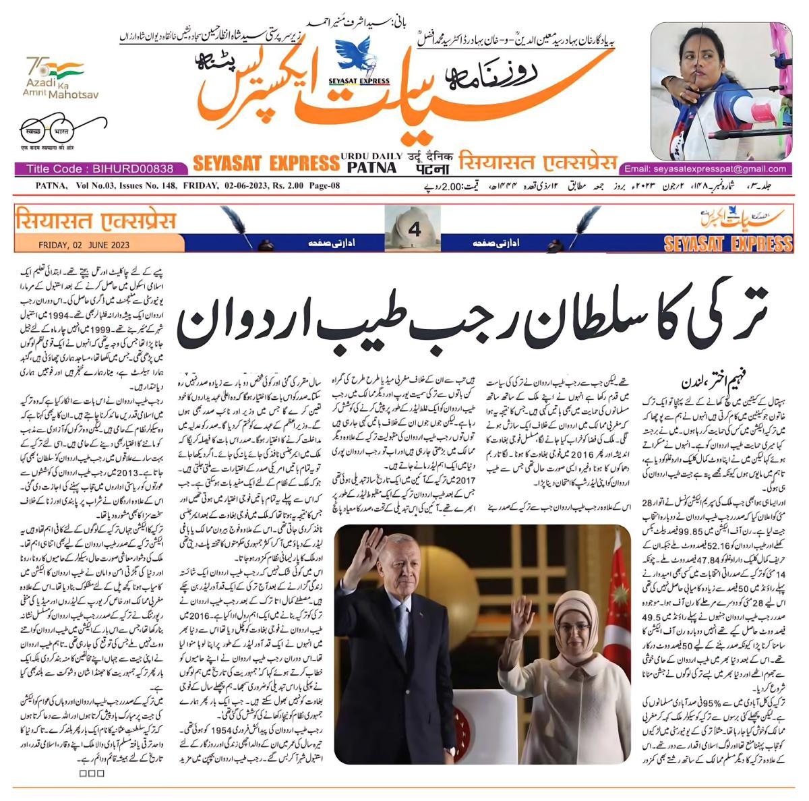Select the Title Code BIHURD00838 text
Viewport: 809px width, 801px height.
[100, 169]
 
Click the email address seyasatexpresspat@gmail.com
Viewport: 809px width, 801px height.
[705, 169]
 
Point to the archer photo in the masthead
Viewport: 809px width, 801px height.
[722, 90]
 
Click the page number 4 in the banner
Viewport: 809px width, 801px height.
[414, 230]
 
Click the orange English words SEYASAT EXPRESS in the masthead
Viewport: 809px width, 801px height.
[266, 163]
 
